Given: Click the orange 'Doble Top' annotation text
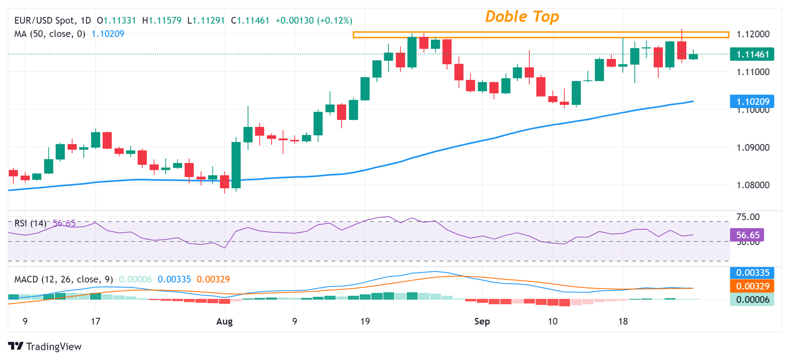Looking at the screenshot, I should (522, 16).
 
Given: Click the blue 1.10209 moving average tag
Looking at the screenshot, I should (751, 102).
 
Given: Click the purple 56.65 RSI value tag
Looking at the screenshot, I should (747, 236).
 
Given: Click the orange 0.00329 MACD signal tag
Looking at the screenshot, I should (751, 286).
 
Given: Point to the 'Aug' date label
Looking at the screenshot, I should (225, 322).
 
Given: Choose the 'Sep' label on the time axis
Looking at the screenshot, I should (481, 322).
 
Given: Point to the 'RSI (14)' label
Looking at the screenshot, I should (30, 223).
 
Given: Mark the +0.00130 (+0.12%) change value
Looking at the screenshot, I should (314, 21).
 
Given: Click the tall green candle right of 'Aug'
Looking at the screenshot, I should (236, 165).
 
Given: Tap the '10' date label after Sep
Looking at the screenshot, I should (552, 322).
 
